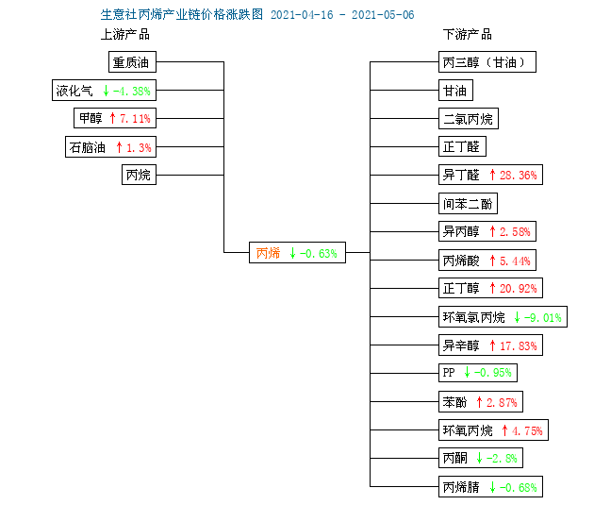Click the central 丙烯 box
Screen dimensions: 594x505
tap(297, 253)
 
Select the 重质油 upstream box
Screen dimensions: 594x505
tap(132, 61)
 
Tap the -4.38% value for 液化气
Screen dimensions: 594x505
tap(132, 91)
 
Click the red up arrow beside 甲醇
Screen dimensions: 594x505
tap(112, 118)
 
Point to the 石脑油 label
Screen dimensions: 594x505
tap(87, 147)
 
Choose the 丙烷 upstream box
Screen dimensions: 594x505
tap(139, 175)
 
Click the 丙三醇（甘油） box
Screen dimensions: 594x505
tap(487, 61)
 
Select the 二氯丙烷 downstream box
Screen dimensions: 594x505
tap(469, 119)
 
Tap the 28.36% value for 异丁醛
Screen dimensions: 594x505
tap(519, 176)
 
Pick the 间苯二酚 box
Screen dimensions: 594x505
tap(468, 204)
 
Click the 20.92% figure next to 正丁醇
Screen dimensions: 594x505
tap(519, 289)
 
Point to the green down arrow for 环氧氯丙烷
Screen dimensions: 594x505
tap(517, 317)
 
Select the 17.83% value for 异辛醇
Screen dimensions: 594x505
tap(519, 345)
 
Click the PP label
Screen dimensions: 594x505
tap(449, 373)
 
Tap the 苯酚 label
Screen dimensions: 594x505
tap(454, 402)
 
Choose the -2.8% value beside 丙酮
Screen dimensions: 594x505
tap(502, 459)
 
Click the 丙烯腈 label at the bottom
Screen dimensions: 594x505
tap(461, 487)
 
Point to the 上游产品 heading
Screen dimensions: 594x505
tap(125, 35)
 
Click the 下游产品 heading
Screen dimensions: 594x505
tap(468, 35)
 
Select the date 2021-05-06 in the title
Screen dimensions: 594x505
tap(383, 15)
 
